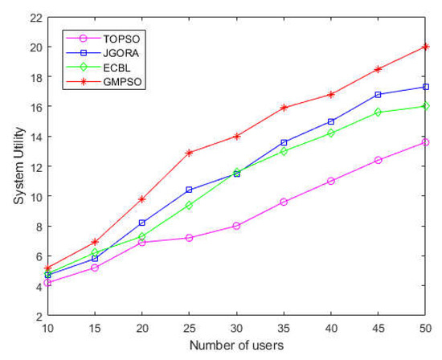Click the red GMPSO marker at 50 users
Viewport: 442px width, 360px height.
click(426, 47)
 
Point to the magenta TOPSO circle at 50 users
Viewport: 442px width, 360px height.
click(426, 142)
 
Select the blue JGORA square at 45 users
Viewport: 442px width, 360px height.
click(379, 95)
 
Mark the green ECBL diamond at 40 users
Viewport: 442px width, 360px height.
click(331, 133)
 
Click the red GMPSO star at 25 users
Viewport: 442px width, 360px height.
click(190, 153)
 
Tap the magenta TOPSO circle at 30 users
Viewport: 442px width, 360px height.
click(236, 226)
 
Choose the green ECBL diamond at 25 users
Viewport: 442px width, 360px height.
click(190, 205)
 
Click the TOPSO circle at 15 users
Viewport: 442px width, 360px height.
click(95, 268)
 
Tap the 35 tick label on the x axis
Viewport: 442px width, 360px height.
click(284, 329)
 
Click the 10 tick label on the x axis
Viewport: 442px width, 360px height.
click(47, 329)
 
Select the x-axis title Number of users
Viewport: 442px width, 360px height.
click(235, 346)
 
